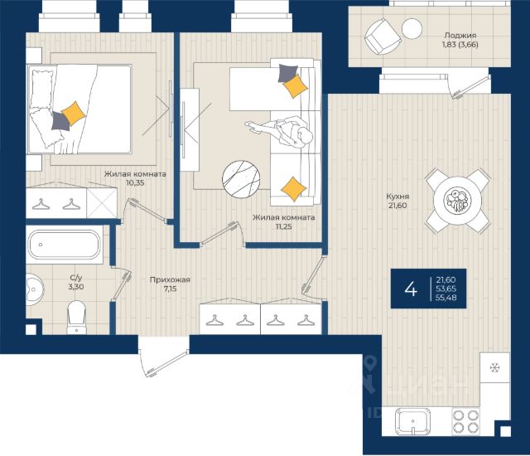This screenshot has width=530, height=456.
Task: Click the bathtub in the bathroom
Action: (x=65, y=245)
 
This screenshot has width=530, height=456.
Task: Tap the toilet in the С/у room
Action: (x=76, y=317)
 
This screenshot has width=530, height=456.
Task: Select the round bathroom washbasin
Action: (x=34, y=289)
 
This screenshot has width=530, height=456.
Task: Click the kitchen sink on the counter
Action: (x=412, y=421)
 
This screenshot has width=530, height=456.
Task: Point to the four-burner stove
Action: (x=466, y=421)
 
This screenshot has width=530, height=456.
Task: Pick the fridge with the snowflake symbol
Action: (x=495, y=368)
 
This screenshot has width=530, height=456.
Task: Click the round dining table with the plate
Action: (x=458, y=201)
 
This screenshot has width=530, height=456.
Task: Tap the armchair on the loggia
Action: (x=383, y=36)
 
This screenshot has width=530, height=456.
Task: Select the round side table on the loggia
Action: (x=412, y=28)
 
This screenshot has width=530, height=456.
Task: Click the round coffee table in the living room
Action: (x=241, y=179)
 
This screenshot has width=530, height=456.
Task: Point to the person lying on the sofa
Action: (x=279, y=132)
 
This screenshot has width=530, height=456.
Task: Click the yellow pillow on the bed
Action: (x=73, y=114)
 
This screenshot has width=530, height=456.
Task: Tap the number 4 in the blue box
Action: (x=411, y=289)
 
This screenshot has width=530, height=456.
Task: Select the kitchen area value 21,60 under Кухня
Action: (x=397, y=206)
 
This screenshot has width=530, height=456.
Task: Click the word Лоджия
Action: (x=460, y=35)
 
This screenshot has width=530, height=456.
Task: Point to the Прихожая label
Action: (x=170, y=279)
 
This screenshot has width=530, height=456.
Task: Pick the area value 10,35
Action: (x=135, y=183)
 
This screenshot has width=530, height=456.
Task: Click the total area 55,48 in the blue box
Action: (x=446, y=298)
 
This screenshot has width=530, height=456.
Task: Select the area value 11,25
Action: (x=283, y=226)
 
